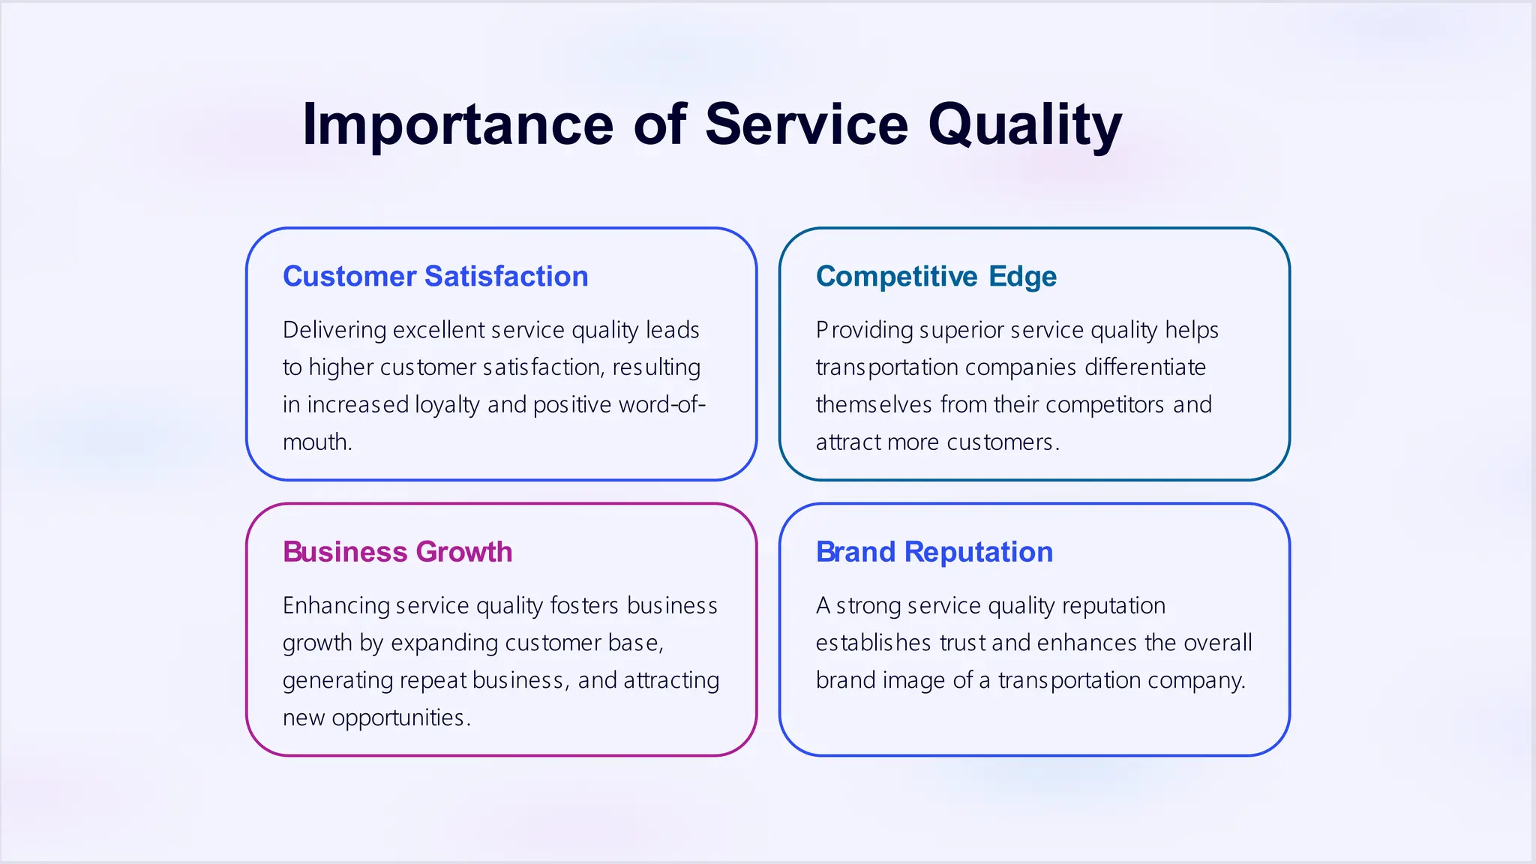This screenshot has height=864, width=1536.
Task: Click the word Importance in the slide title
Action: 457,125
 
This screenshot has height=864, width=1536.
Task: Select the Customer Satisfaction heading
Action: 435,277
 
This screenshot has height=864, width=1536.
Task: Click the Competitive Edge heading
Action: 936,277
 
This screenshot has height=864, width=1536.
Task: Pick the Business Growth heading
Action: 397,552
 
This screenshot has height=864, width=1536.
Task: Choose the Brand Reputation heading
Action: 934,552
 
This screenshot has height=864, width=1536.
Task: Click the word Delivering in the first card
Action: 334,331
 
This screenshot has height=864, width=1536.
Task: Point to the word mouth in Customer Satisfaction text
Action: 316,442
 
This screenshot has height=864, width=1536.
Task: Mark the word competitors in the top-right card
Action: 1105,405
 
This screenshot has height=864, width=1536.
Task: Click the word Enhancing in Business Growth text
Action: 336,606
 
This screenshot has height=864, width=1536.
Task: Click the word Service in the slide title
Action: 806,125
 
